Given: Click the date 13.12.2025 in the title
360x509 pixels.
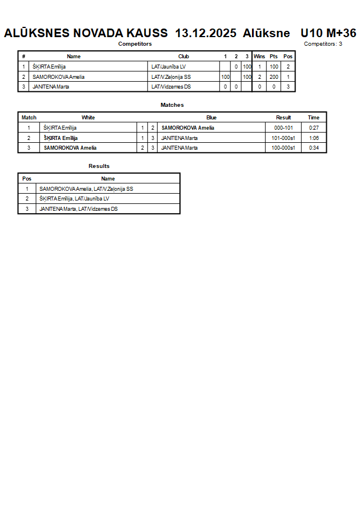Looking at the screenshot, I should click(x=206, y=33).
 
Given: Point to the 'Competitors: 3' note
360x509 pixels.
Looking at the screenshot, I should click(x=323, y=44).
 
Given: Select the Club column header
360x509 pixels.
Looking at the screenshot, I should click(x=183, y=57).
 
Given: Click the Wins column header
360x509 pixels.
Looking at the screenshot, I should click(x=259, y=57).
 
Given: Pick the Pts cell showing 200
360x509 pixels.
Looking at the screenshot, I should click(x=274, y=77).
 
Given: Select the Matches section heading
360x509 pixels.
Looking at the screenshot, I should click(x=172, y=105).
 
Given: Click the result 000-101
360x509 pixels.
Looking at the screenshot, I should click(x=283, y=128).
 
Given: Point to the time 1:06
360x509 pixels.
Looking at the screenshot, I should click(x=314, y=138).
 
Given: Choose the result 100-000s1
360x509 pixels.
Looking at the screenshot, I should click(x=283, y=148).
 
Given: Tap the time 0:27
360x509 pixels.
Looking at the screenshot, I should click(x=314, y=128).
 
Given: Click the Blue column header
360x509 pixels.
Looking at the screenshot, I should click(x=211, y=118).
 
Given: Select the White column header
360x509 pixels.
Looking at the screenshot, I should click(x=88, y=118).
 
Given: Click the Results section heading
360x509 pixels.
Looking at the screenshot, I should click(x=99, y=166).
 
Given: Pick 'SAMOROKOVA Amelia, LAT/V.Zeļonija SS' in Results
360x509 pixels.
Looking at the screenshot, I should click(x=86, y=189).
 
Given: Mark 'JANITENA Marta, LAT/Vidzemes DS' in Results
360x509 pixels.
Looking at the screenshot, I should click(x=79, y=209).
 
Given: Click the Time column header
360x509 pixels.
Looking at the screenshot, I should click(x=314, y=118).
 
